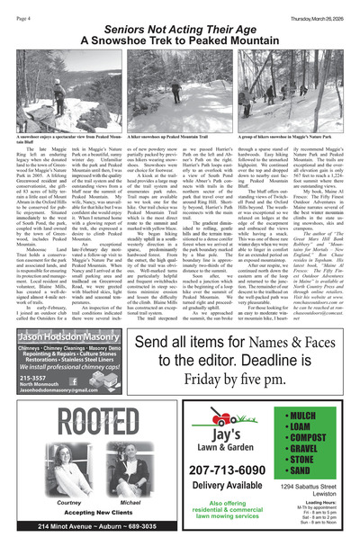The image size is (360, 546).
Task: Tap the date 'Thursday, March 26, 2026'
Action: [x=316, y=8]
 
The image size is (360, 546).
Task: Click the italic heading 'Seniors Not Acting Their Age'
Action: [x=180, y=29]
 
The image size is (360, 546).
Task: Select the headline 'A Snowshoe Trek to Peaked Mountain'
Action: [x=180, y=41]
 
